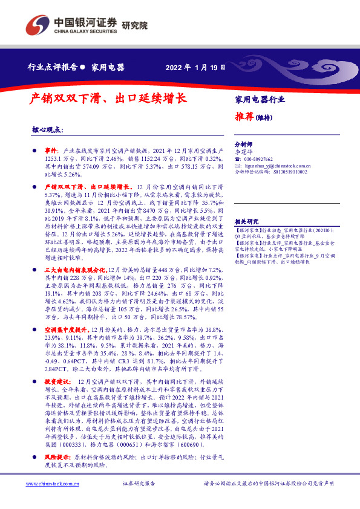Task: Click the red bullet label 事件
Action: [51, 149]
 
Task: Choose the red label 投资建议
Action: [57, 382]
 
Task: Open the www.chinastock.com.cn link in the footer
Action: [50, 484]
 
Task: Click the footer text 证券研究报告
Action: [139, 484]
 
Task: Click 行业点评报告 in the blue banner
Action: [53, 66]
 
